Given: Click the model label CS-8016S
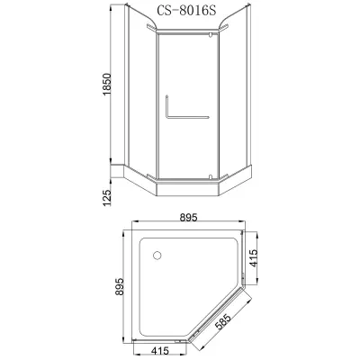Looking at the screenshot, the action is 186,11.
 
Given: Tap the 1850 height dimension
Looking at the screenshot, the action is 107,85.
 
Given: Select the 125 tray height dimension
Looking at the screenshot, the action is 107,197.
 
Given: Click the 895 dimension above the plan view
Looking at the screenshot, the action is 188,217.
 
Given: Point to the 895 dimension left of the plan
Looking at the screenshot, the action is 120,287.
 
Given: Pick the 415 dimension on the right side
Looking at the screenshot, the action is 254,258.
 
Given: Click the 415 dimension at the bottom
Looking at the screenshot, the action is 160,350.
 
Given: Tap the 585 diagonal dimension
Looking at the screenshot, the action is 224,321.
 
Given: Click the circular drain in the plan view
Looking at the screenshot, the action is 157,256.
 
